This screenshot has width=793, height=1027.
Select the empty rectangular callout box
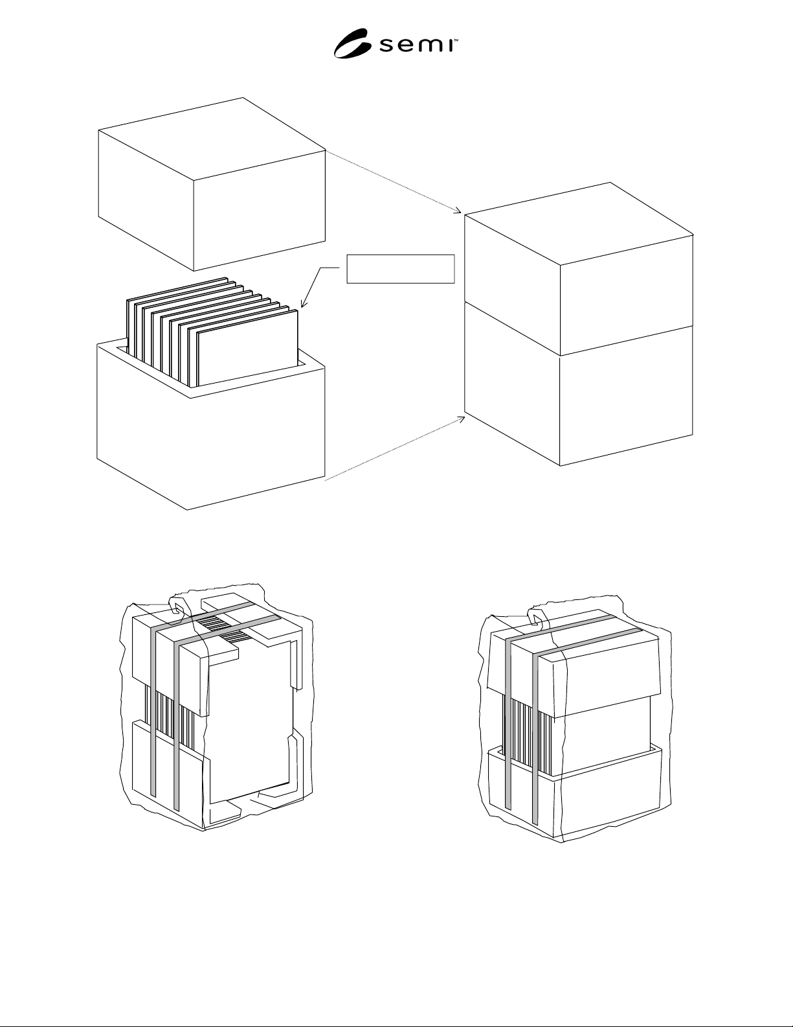point(400,269)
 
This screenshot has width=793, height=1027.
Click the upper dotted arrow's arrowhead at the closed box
point(458,211)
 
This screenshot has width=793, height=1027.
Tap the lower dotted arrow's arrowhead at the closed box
point(461,419)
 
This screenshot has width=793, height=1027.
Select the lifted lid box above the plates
point(212,184)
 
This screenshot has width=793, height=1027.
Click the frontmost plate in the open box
point(248,348)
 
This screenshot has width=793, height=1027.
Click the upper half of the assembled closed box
point(579,269)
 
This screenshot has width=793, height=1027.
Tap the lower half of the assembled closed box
point(579,397)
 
